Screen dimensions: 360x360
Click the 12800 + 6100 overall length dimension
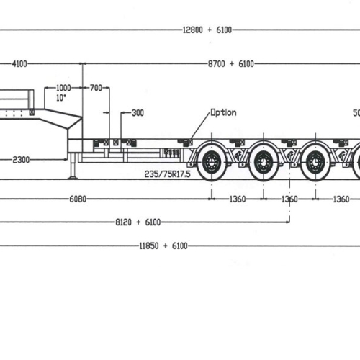[x=207, y=30]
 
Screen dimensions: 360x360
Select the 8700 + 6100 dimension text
[x=231, y=64]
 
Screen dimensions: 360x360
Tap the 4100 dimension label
[x=19, y=64]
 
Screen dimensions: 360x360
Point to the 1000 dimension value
[x=63, y=88]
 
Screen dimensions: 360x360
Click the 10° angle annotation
[x=61, y=98]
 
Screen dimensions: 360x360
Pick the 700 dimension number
[x=96, y=88]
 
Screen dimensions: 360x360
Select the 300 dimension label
[x=138, y=113]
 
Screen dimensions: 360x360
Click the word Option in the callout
[x=223, y=112]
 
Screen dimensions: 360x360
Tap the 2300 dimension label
[x=21, y=160]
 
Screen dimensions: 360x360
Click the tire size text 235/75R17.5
[x=167, y=174]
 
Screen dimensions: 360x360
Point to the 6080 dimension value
[x=78, y=199]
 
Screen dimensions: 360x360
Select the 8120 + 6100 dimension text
[x=138, y=222]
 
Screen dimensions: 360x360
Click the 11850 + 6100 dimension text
[x=163, y=246]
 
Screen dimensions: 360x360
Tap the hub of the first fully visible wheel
[x=212, y=162]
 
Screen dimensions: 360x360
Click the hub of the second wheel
[x=264, y=162]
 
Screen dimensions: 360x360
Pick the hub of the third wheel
[x=315, y=162]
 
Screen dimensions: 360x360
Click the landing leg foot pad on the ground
[x=73, y=178]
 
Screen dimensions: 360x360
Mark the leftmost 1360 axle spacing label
[x=238, y=199]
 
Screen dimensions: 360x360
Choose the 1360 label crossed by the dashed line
[x=289, y=199]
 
